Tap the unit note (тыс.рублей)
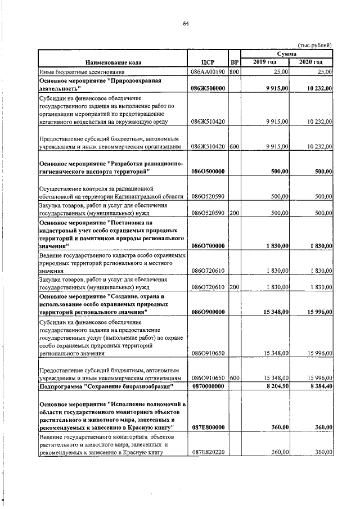[314, 45]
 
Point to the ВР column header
[235, 62]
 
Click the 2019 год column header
[264, 62]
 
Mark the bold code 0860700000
[208, 246]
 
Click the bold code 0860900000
[208, 312]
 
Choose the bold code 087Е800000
[208, 427]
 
